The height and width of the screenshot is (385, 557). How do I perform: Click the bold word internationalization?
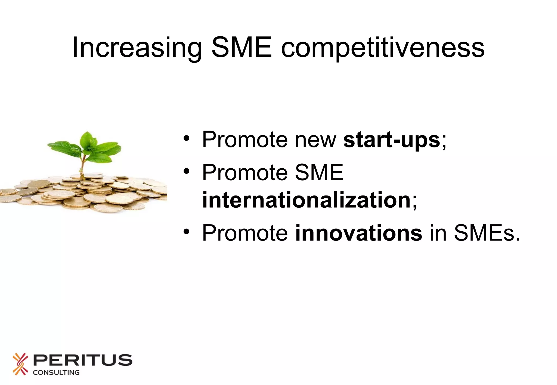pos(306,200)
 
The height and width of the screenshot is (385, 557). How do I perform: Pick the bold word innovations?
pos(358,233)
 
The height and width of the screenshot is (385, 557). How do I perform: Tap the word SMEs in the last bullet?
pos(487,233)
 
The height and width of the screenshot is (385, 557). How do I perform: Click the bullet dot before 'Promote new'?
pos(186,138)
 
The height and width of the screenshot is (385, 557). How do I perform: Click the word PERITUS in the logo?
pos(82,360)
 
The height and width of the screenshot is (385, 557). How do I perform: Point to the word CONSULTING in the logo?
pos(56,373)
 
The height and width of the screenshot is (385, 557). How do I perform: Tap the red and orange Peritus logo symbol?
pos(20,364)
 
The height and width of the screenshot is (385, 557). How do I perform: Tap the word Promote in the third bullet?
pos(245,233)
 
